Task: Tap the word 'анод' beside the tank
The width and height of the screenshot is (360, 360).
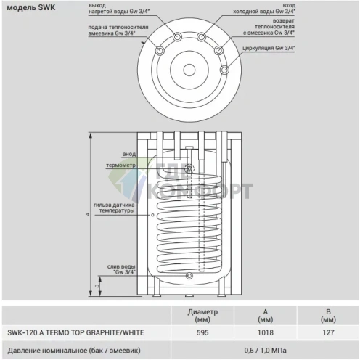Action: pos(129,154)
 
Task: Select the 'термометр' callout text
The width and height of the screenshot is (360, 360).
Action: pos(120,165)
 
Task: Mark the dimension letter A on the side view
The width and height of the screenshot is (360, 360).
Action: pos(87,215)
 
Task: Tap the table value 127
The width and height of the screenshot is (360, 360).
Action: pos(328,332)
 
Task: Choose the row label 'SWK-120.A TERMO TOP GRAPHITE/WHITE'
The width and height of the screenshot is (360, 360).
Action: pos(75,332)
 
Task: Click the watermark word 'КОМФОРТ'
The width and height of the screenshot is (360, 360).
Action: pos(210,192)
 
